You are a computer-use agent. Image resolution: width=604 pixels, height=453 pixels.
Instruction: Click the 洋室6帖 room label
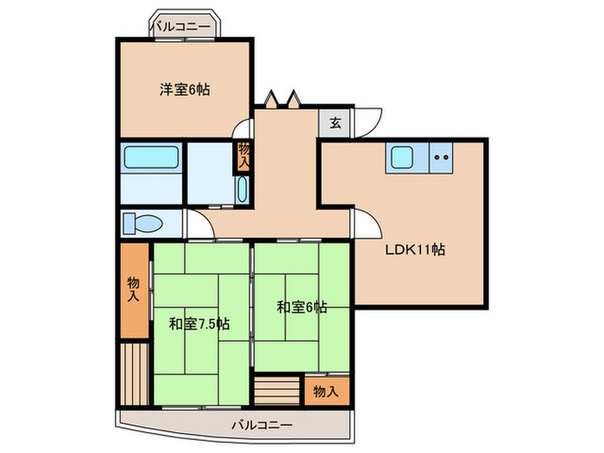tap(186, 88)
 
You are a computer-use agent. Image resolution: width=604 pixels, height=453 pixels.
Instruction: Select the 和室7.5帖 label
tap(198, 324)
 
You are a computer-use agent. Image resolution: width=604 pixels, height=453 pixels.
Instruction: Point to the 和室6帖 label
tap(302, 306)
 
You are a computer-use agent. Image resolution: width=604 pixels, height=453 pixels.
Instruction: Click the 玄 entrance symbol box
tap(335, 123)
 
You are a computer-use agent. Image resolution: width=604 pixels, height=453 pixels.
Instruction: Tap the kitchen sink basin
tap(402, 157)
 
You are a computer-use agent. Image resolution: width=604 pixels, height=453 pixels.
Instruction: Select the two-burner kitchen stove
tap(442, 157)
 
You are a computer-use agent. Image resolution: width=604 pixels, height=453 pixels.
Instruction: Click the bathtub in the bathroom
tap(150, 158)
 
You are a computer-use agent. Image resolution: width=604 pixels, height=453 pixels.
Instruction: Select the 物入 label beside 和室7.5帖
tap(133, 289)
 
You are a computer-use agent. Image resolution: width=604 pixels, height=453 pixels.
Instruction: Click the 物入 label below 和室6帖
tap(325, 391)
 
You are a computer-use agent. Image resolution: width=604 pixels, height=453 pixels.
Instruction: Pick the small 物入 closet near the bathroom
tap(244, 155)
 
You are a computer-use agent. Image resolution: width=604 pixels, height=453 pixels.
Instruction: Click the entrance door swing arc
tap(367, 121)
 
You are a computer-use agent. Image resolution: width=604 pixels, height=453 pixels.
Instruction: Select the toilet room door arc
tap(198, 226)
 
